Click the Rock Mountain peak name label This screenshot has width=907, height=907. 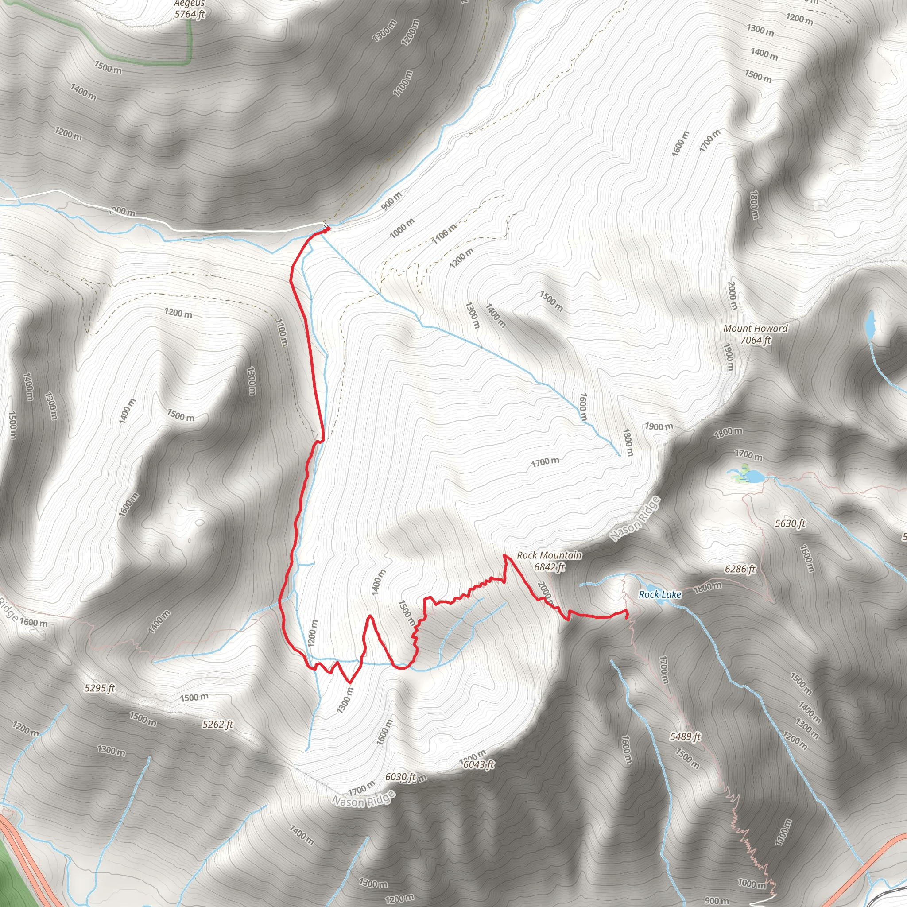pyautogui.click(x=549, y=555)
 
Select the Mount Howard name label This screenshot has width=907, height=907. pyautogui.click(x=756, y=329)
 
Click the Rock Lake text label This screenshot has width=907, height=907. pyautogui.click(x=659, y=595)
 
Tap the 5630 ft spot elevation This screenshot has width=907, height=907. pyautogui.click(x=790, y=523)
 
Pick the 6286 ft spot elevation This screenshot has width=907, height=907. pyautogui.click(x=740, y=569)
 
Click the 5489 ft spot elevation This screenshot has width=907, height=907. pyautogui.click(x=686, y=736)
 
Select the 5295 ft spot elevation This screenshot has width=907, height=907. pyautogui.click(x=100, y=688)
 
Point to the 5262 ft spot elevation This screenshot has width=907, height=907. pyautogui.click(x=218, y=725)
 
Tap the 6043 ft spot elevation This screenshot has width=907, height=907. pyautogui.click(x=479, y=765)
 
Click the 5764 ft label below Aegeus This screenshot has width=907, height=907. pyautogui.click(x=190, y=14)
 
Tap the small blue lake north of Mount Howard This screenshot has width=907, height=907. pyautogui.click(x=870, y=324)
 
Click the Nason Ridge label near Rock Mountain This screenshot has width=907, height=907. pyautogui.click(x=635, y=519)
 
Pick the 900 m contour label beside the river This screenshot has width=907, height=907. pyautogui.click(x=391, y=201)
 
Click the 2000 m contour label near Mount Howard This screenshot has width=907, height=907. pyautogui.click(x=733, y=296)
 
